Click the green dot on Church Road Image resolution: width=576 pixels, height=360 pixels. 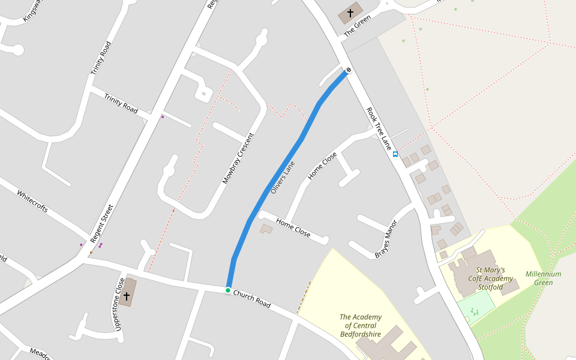point(228,290)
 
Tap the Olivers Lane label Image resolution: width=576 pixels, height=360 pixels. point(283,177)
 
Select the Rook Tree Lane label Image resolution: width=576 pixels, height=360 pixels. point(379,128)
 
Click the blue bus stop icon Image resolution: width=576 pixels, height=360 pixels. point(395,154)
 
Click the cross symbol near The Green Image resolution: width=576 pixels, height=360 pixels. point(350,13)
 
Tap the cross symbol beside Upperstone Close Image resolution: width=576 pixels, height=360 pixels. point(127,296)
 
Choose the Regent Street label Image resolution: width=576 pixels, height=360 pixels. point(101,224)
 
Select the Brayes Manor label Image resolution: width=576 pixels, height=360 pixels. point(386,238)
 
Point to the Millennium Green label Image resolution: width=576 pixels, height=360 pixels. point(543,278)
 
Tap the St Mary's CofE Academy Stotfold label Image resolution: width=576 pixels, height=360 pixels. point(490,278)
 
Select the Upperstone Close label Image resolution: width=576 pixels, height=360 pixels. point(119,304)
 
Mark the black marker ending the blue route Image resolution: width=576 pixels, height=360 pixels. point(347,72)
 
